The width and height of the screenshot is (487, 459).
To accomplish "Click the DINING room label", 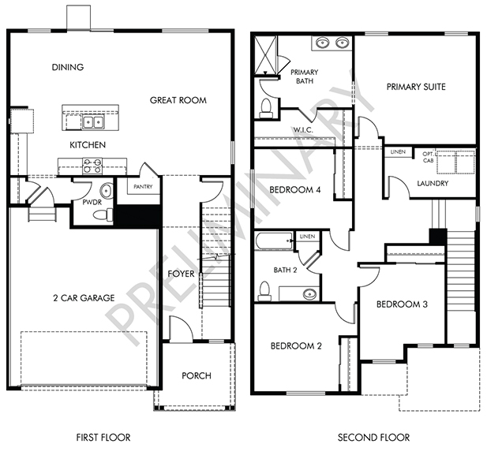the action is tap(68, 67).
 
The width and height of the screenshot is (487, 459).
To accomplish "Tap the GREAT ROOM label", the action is tap(178, 100).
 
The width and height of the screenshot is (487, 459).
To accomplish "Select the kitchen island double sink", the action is tap(93, 121).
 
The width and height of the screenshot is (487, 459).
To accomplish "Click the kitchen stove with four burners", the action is tap(93, 166).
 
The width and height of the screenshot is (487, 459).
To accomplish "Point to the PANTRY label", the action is tap(143, 187).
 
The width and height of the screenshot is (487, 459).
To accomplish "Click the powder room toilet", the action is tap(103, 215).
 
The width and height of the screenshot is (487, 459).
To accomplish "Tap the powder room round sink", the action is tap(107, 189).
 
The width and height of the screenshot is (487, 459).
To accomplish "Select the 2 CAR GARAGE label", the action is tap(84, 298).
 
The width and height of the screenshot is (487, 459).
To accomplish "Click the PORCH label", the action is tap(197, 376).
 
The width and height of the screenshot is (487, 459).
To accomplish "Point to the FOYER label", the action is tap(181, 274).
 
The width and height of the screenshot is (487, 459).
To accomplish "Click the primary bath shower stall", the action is tap(265, 55).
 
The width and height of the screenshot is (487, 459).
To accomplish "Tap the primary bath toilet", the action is tap(266, 108).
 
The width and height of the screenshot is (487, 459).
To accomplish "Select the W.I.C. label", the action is tap(303, 130).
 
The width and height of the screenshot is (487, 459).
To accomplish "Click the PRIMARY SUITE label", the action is tap(416, 87).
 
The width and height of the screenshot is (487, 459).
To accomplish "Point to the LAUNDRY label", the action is tap(433, 184).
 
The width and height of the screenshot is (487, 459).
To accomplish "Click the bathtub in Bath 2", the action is tap(274, 241).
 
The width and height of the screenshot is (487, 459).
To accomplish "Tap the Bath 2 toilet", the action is tap(264, 291).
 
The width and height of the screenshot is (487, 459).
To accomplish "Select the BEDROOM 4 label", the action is tap(294, 189).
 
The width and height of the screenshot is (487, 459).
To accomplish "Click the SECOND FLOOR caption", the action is tap(373, 438).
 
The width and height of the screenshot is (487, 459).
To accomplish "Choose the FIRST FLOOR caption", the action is tap(103, 438).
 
